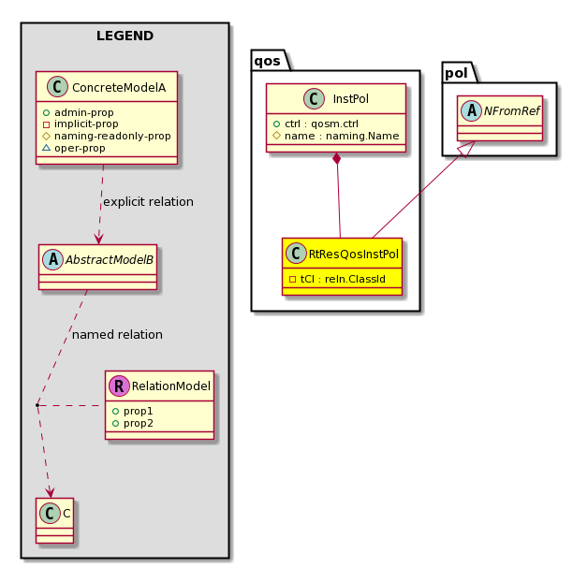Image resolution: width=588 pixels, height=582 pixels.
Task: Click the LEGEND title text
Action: pyautogui.click(x=125, y=36)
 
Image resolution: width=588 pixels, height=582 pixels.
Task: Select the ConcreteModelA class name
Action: pyautogui.click(x=119, y=88)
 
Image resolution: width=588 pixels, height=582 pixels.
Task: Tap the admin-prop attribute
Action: pyautogui.click(x=84, y=112)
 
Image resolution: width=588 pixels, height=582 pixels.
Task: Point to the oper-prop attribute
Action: pyautogui.click(x=80, y=148)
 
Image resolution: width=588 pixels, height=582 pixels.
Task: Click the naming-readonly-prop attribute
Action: pyautogui.click(x=112, y=136)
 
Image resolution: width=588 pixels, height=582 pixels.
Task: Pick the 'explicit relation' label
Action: pyautogui.click(x=148, y=201)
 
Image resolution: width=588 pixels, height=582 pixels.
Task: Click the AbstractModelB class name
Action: pyautogui.click(x=110, y=260)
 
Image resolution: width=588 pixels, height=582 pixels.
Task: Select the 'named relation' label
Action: pyautogui.click(x=117, y=334)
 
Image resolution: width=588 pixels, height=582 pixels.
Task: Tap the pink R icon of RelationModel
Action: pyautogui.click(x=119, y=386)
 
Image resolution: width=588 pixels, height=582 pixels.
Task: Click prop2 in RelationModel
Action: pyautogui.click(x=139, y=423)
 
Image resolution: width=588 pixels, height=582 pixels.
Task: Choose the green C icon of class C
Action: pyautogui.click(x=50, y=513)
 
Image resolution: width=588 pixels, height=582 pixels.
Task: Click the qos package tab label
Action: pyautogui.click(x=267, y=61)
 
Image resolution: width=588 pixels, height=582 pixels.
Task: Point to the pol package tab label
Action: pyautogui.click(x=456, y=73)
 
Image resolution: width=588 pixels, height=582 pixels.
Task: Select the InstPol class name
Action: pyautogui.click(x=350, y=99)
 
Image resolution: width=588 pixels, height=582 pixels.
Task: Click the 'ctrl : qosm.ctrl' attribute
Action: pyautogui.click(x=321, y=124)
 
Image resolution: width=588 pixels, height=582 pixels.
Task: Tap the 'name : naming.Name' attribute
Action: pyautogui.click(x=342, y=136)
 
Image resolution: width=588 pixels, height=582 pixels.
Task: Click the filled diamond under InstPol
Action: pyautogui.click(x=337, y=158)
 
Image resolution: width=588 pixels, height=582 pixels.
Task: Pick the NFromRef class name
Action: pyautogui.click(x=511, y=111)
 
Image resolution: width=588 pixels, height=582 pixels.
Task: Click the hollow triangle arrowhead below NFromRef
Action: pyautogui.click(x=466, y=149)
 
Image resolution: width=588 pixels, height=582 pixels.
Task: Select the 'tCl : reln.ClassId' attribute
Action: pyautogui.click(x=343, y=279)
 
